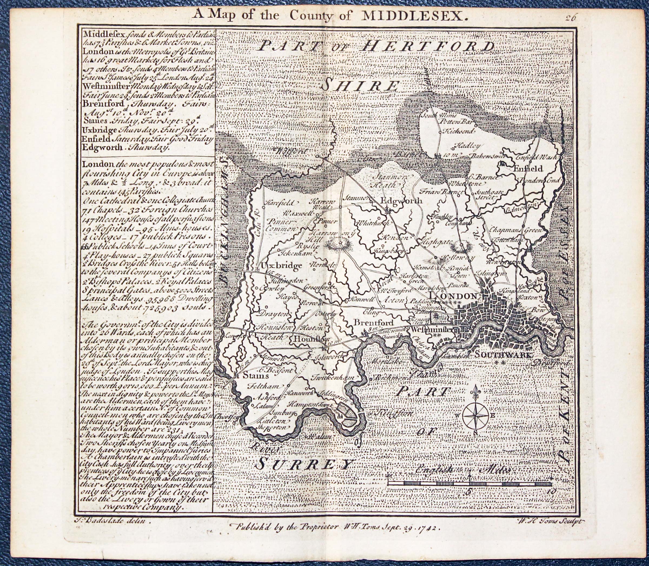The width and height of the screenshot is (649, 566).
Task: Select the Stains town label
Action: (x=256, y=376)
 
